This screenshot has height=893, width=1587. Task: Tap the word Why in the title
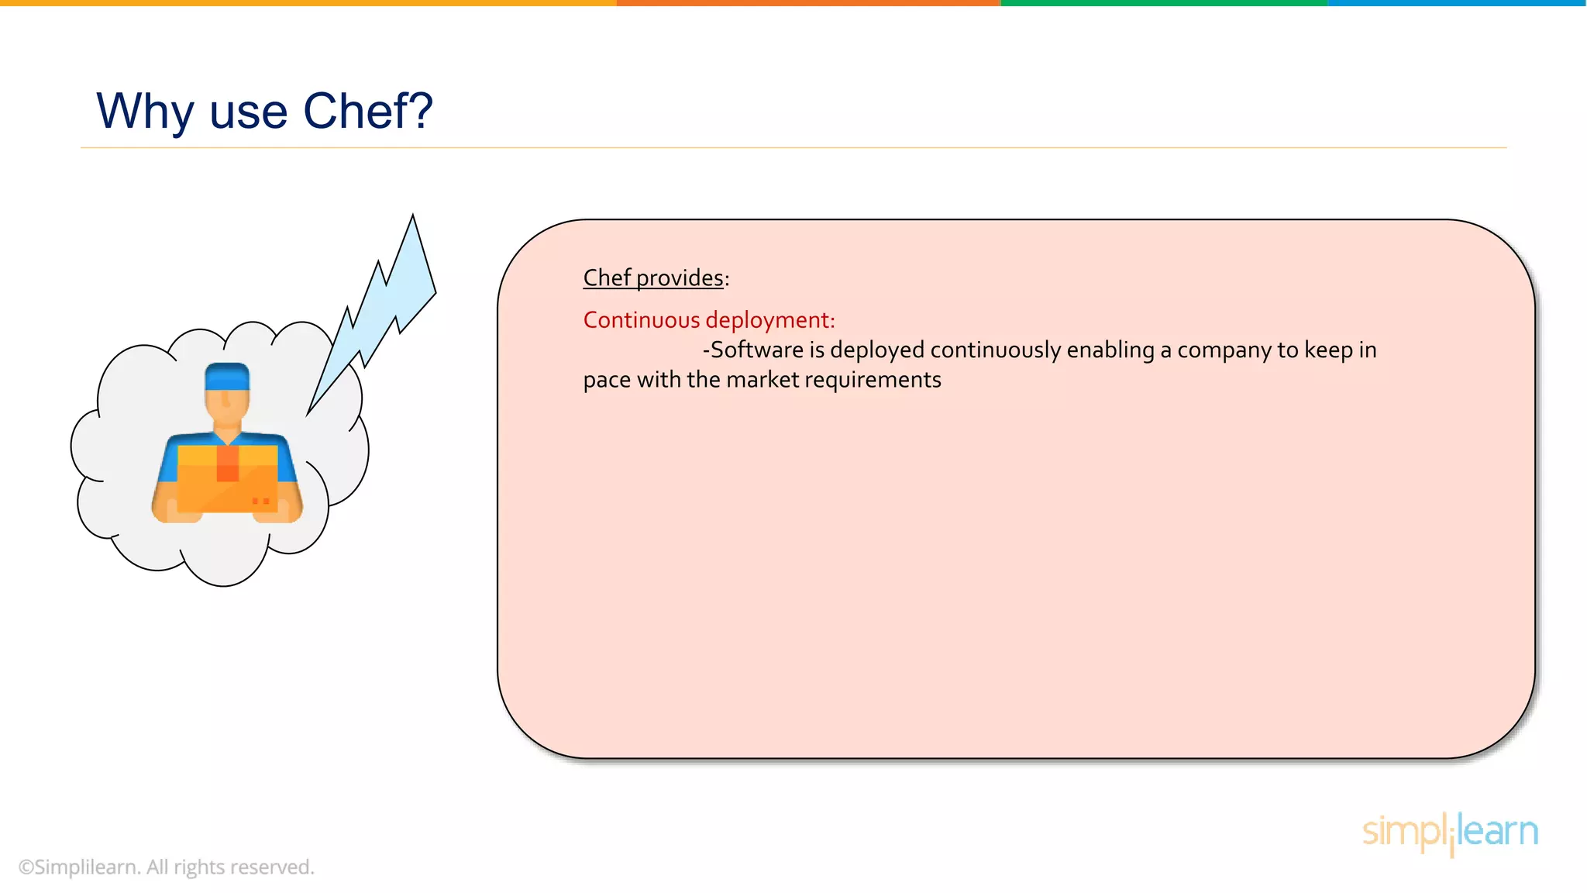tap(144, 111)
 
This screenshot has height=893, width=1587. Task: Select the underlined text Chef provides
tap(653, 278)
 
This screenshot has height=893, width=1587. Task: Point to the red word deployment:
tap(770, 320)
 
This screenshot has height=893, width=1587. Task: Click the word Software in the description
tap(756, 350)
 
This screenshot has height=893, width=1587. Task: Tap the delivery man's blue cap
tap(227, 376)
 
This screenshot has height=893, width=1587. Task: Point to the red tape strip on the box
tap(228, 464)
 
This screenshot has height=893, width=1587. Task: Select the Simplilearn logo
tap(1450, 833)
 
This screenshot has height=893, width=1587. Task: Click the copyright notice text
tap(166, 867)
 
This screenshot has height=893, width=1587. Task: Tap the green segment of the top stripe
tap(1164, 3)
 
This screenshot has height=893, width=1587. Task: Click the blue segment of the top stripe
tap(1457, 3)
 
